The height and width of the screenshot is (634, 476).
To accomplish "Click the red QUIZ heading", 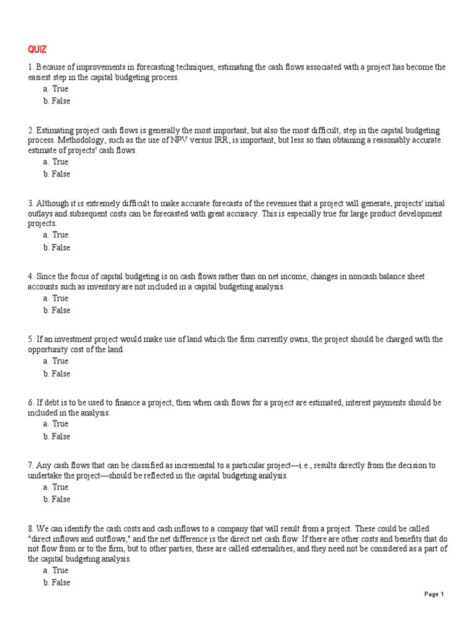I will (x=37, y=50).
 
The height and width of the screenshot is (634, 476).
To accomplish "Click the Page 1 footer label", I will (x=434, y=594).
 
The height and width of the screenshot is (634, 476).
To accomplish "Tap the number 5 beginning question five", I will (x=30, y=339).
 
